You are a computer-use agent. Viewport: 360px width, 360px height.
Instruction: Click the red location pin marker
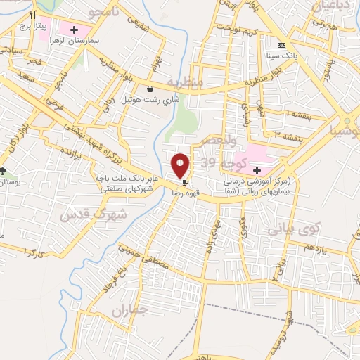point(181,166)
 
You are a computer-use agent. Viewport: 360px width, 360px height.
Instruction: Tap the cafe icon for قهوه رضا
point(185,182)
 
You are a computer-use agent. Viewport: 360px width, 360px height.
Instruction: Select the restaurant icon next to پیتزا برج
point(32,15)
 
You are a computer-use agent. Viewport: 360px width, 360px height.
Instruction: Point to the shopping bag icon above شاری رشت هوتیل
point(150,89)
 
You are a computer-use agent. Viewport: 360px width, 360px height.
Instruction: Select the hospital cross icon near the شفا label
point(257,170)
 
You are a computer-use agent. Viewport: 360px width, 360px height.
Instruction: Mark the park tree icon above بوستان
point(4,171)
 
